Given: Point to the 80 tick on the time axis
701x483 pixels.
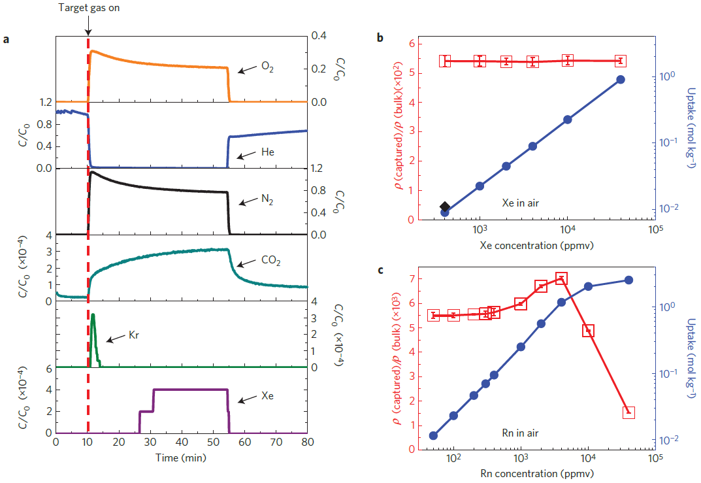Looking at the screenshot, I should click(307, 443).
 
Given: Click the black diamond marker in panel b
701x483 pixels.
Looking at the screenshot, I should click(445, 207).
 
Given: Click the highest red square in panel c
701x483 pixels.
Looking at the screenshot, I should click(561, 279).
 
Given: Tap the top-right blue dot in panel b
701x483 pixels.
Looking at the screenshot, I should click(621, 79).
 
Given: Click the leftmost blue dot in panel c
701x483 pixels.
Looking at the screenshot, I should click(433, 435).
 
